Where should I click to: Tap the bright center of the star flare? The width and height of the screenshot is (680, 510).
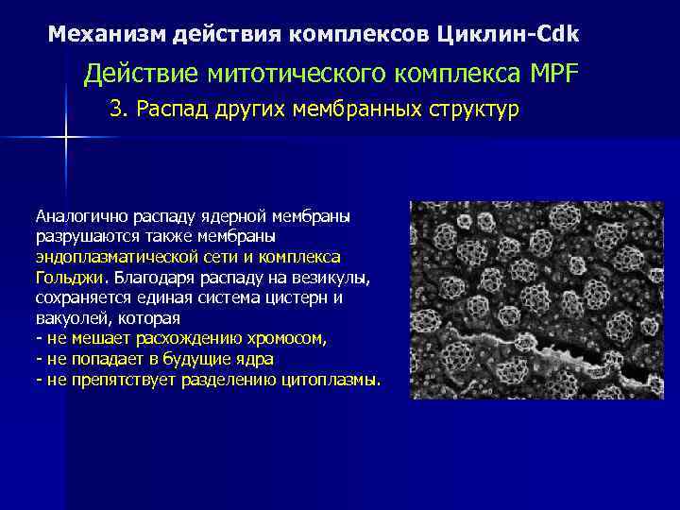point(66,138)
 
